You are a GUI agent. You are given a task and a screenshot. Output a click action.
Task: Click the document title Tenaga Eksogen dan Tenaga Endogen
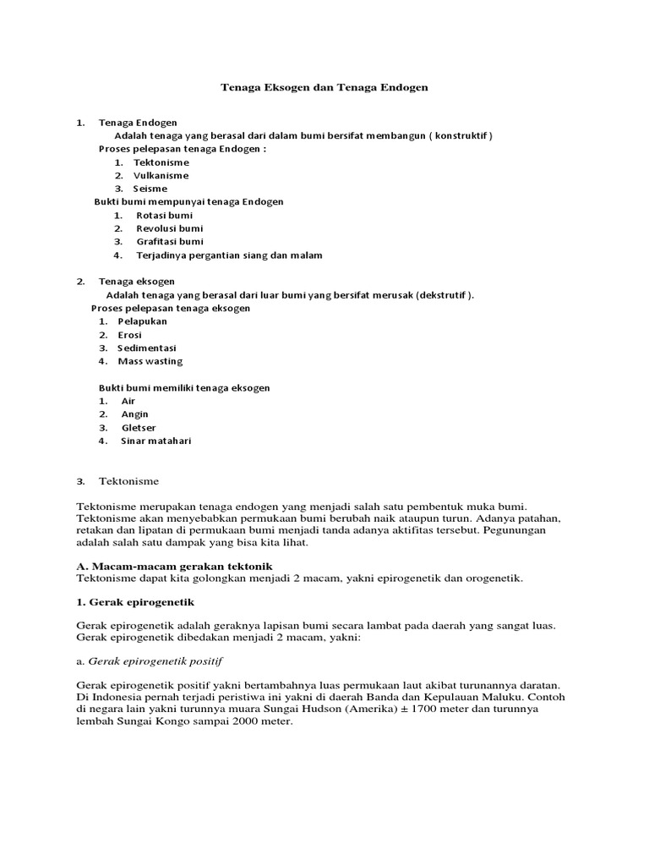(325, 87)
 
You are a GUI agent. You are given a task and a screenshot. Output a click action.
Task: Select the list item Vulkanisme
(161, 175)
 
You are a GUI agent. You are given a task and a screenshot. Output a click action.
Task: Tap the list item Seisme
(150, 189)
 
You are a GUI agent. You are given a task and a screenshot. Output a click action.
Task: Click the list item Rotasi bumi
(165, 215)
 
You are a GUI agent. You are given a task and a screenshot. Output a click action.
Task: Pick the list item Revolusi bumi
(169, 228)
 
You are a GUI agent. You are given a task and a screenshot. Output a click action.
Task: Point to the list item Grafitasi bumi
(170, 242)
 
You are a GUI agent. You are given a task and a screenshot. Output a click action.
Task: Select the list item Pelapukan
(143, 321)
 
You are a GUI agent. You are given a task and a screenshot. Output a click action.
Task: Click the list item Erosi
(130, 335)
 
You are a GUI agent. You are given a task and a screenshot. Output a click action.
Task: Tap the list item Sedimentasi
(147, 348)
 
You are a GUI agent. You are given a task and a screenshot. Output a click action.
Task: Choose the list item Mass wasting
(150, 361)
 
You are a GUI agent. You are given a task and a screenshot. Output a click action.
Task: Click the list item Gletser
(139, 427)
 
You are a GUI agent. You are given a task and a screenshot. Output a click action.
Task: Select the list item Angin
(135, 414)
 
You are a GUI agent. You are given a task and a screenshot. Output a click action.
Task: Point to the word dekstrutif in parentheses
(443, 295)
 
